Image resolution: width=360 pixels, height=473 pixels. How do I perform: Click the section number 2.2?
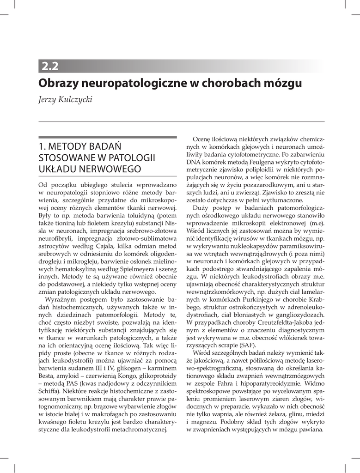[x=50, y=66]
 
